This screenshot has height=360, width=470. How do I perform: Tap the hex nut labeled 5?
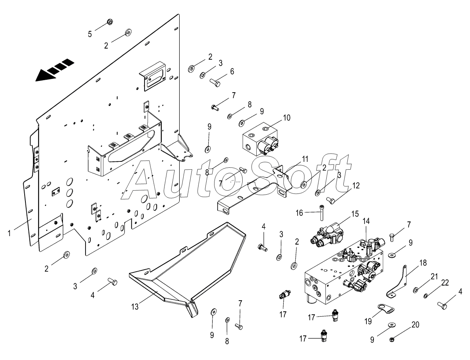110,21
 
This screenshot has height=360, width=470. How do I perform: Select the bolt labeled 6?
215,82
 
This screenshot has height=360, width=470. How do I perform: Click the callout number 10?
287,118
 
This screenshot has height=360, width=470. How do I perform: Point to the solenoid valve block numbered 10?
259,139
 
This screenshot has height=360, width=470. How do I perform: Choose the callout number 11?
305,159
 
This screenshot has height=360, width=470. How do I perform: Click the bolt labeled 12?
331,201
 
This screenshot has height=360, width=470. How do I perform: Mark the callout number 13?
135,307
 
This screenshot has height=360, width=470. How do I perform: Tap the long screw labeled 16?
322,213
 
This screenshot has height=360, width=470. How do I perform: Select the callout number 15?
355,214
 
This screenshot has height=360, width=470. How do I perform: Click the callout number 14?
366,221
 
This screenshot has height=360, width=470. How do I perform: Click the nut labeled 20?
392,340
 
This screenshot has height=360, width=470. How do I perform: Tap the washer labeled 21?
416,290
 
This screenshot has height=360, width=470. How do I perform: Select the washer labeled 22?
425,296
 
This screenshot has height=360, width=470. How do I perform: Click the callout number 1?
9,233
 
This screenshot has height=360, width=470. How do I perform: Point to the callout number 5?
90,34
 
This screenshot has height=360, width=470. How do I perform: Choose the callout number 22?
445,283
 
